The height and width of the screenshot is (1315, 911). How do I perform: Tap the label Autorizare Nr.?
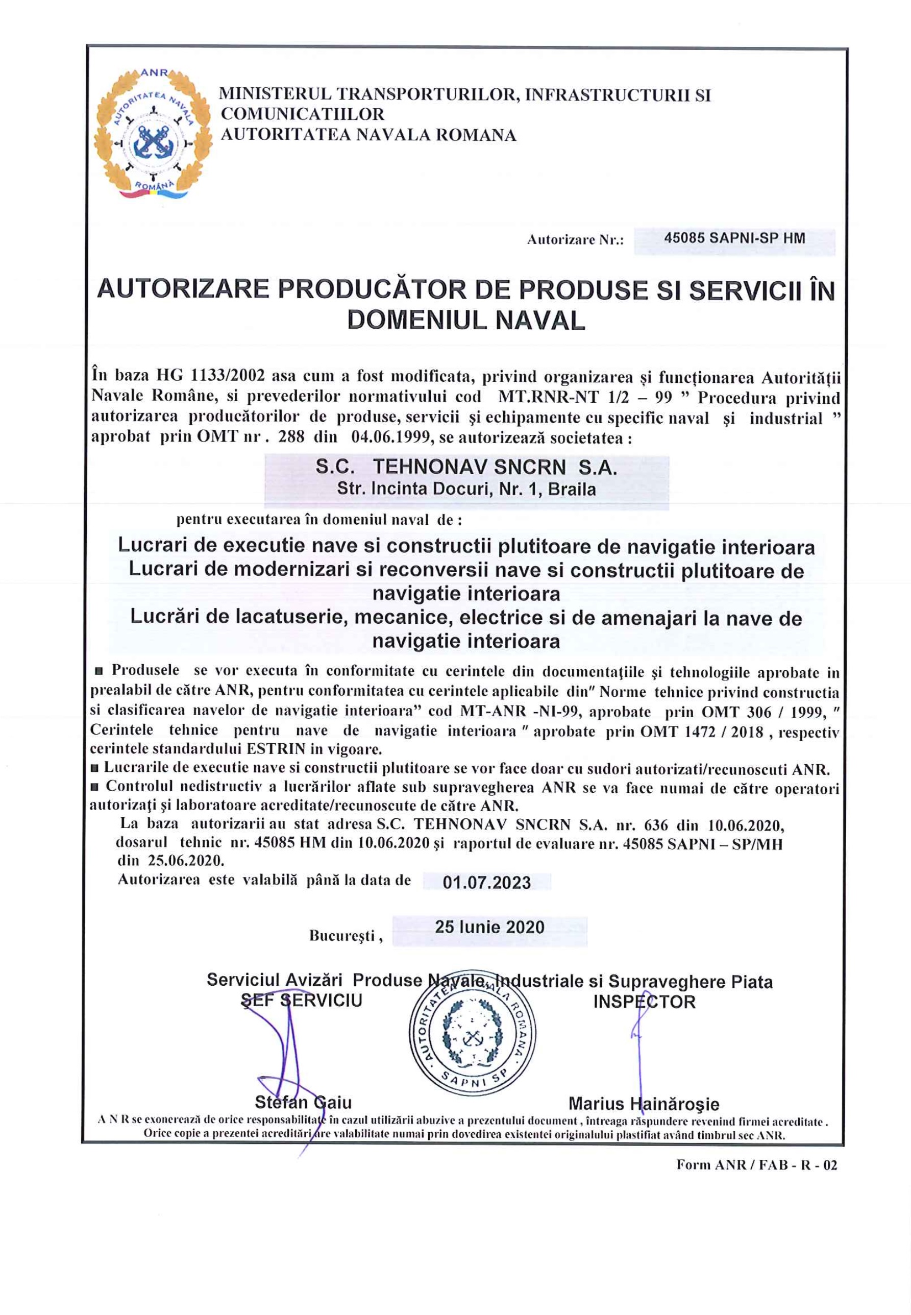pyautogui.click(x=575, y=240)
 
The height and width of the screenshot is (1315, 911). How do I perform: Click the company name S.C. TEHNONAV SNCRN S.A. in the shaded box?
pyautogui.click(x=466, y=468)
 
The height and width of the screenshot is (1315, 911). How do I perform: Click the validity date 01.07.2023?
pyautogui.click(x=486, y=882)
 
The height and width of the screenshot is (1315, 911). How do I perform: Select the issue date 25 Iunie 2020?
pyautogui.click(x=489, y=927)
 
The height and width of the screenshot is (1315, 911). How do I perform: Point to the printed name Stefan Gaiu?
pyautogui.click(x=303, y=1102)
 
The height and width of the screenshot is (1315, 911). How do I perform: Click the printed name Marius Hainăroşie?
pyautogui.click(x=643, y=1104)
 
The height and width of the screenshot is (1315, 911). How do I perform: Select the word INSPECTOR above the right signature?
pyautogui.click(x=644, y=1002)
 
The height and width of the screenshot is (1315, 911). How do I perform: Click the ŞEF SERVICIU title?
pyautogui.click(x=302, y=1001)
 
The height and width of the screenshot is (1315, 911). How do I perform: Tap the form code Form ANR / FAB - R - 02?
pyautogui.click(x=756, y=1165)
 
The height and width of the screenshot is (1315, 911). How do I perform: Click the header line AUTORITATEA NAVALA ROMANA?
pyautogui.click(x=368, y=135)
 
